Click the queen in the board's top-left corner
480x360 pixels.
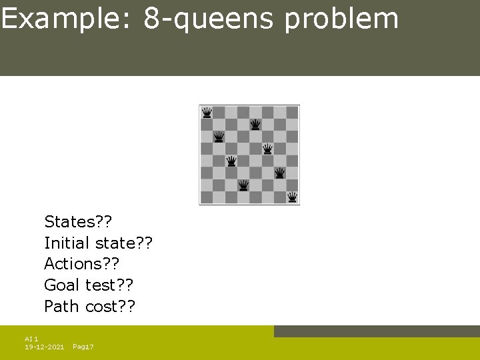pyautogui.click(x=207, y=112)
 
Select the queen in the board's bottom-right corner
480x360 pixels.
pyautogui.click(x=292, y=197)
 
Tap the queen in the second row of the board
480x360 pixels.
pyautogui.click(x=255, y=125)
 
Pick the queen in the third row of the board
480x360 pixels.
pyautogui.click(x=219, y=137)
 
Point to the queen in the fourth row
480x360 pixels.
pyautogui.click(x=267, y=149)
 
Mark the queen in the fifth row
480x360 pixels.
pyautogui.click(x=231, y=161)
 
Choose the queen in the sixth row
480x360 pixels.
pyautogui.click(x=280, y=173)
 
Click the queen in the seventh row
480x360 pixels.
pyautogui.click(x=243, y=185)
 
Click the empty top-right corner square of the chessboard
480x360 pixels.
pyautogui.click(x=292, y=112)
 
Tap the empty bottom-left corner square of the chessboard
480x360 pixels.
pyautogui.click(x=207, y=197)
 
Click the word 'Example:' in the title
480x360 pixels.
pyautogui.click(x=67, y=19)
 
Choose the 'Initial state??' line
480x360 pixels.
pyautogui.click(x=99, y=243)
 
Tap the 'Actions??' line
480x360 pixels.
pyautogui.click(x=81, y=264)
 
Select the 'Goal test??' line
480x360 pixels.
pyautogui.click(x=89, y=285)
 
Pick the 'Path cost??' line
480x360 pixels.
pyautogui.click(x=89, y=307)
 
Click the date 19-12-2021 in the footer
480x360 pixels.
pyautogui.click(x=44, y=347)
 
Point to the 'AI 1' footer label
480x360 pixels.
pyautogui.click(x=31, y=339)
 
